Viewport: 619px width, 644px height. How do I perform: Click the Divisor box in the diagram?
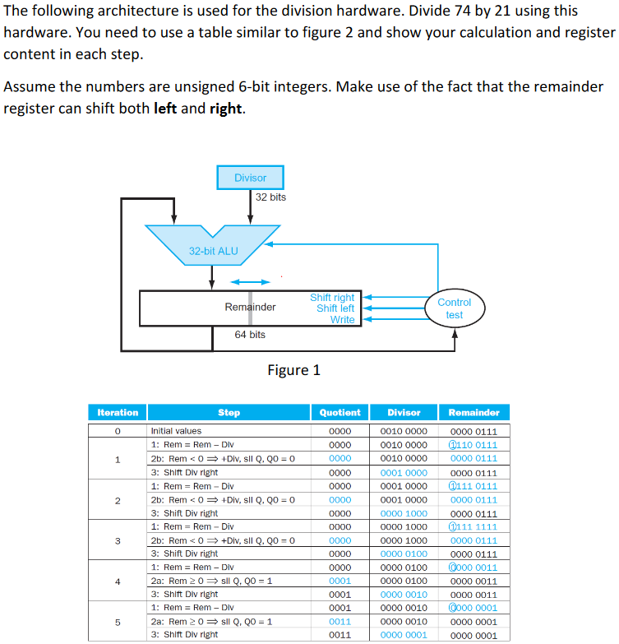tap(250, 178)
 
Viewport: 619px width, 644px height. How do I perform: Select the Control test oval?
tap(454, 308)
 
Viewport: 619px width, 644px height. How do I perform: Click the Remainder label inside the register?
tap(250, 308)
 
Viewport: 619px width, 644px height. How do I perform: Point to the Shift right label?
tap(332, 297)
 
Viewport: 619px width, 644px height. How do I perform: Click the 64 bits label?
tap(250, 335)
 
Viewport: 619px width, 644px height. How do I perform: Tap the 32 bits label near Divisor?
tap(270, 197)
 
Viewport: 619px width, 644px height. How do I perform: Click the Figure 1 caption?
tap(293, 370)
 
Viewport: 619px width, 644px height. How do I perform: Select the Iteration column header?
tap(118, 412)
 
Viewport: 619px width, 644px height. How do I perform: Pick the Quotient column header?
tap(340, 412)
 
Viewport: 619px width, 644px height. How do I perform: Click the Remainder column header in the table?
tap(473, 412)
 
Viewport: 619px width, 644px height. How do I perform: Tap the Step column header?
tap(229, 412)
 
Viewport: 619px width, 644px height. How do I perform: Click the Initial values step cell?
tap(176, 430)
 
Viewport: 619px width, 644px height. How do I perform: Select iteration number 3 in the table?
tap(118, 540)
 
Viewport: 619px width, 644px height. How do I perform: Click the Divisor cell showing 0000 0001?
tap(404, 635)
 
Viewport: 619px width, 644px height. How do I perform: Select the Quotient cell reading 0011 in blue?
tap(340, 621)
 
